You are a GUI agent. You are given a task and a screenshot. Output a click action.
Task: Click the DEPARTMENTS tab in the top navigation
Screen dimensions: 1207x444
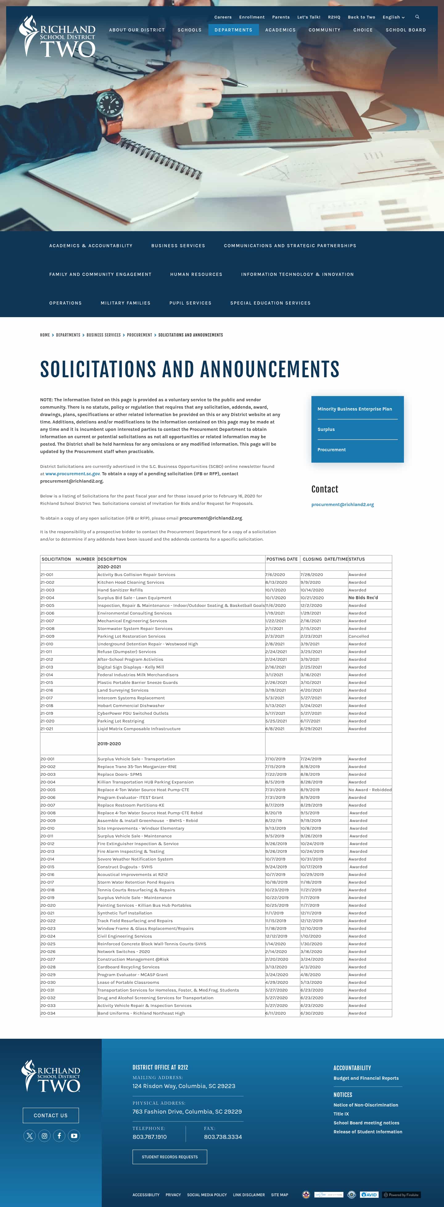(233, 30)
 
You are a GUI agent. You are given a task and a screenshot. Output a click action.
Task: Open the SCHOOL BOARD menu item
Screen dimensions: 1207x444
(405, 30)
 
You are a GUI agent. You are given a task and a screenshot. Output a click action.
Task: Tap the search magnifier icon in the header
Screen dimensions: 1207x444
(417, 17)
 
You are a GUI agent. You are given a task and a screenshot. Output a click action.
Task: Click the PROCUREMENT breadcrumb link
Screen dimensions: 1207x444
(139, 335)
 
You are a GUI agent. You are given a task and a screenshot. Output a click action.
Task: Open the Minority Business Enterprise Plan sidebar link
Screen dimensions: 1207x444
(355, 409)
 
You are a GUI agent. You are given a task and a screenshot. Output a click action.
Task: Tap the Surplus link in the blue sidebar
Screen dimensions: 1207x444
(326, 429)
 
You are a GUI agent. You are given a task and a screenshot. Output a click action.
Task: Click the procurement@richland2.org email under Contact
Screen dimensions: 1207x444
(342, 505)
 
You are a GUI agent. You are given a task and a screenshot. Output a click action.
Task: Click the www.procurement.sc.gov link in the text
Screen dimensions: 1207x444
(73, 474)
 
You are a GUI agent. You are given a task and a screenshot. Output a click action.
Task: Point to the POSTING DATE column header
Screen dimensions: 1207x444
(282, 559)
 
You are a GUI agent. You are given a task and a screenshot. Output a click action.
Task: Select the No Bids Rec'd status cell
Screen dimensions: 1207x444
(363, 597)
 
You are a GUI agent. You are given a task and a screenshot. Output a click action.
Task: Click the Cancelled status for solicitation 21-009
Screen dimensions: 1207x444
(358, 636)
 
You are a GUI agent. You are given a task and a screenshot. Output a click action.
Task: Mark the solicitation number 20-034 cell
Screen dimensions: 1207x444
(48, 1013)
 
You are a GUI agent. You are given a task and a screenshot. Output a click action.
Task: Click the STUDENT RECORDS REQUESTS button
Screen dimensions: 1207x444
(170, 1157)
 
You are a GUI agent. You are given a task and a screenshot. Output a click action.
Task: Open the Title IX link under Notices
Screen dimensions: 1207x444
(341, 1114)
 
